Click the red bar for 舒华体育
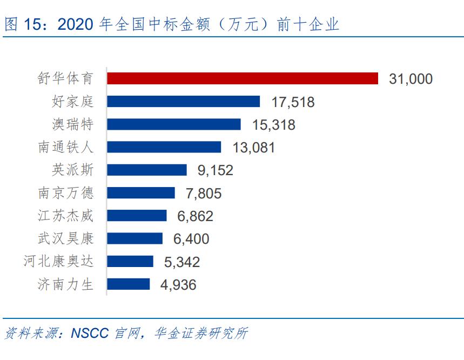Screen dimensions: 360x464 242,78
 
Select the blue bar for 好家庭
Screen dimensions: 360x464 183,102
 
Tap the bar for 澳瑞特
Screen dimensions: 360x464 173,124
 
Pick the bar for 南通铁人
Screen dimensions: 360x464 164,147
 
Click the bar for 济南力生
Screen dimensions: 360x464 128,284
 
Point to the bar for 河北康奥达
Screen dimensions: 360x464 130,262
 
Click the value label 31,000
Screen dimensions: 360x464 411,79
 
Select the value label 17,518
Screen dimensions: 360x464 292,102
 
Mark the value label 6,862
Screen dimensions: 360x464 195,216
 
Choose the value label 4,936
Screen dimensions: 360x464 178,285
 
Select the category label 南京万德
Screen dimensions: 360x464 66,193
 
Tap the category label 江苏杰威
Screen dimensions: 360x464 66,216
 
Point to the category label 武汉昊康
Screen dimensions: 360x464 66,239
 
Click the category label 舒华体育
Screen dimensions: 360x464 66,79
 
